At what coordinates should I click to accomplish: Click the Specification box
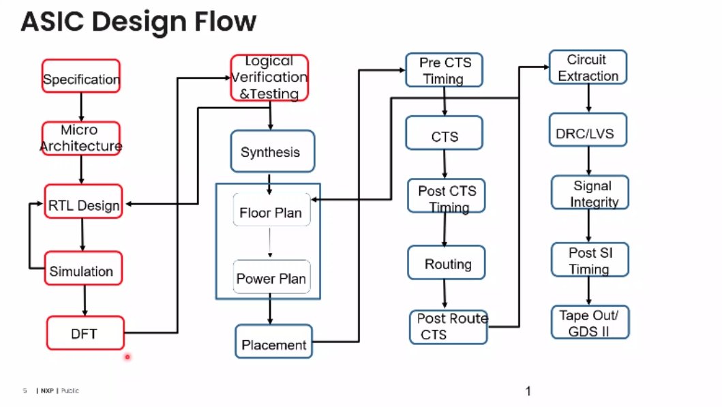click(81, 79)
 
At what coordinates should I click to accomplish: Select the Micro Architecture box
click(81, 138)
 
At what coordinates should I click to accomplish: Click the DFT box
click(85, 333)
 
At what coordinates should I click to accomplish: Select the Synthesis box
click(272, 151)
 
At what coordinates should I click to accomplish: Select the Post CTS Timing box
click(446, 196)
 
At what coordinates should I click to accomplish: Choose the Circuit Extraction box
click(588, 67)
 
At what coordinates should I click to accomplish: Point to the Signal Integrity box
click(590, 193)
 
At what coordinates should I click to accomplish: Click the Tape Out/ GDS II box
click(590, 322)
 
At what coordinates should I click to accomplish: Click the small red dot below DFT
click(127, 356)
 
